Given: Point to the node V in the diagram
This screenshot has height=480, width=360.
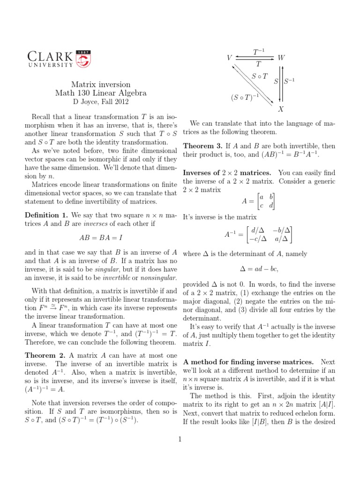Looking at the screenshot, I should tap(229, 58).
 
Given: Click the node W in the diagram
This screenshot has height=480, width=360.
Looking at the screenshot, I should tap(281, 58).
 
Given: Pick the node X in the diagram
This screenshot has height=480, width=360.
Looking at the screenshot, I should tap(281, 109).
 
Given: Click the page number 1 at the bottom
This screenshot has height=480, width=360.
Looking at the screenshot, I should tap(180, 439).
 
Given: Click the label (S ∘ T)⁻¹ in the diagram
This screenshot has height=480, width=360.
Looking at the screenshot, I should tap(243, 97).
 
